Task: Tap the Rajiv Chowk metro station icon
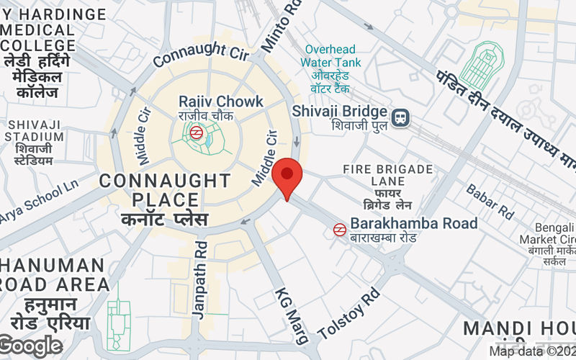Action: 195,132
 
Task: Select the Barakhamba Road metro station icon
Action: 339,229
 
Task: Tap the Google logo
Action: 30,346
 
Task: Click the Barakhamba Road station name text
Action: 414,223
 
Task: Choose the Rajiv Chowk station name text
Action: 221,102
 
